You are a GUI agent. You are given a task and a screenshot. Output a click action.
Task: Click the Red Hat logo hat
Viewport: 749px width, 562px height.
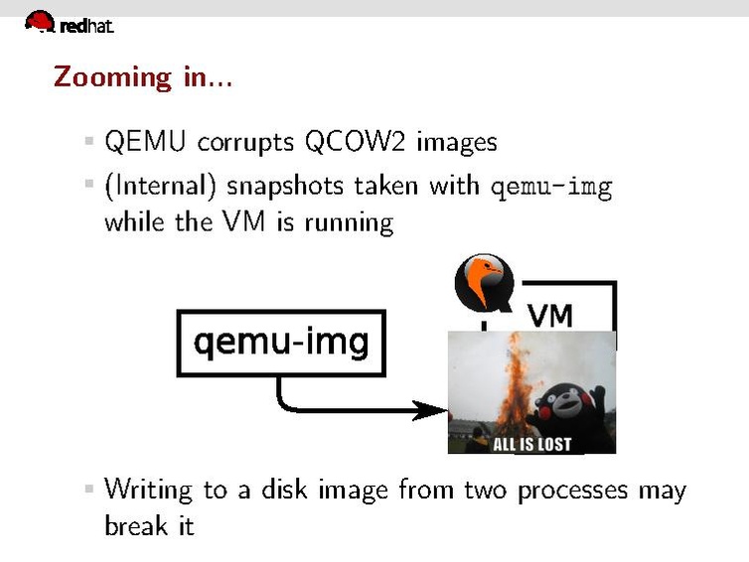click(x=40, y=21)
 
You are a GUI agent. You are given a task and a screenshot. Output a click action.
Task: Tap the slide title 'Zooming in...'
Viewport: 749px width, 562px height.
click(x=143, y=76)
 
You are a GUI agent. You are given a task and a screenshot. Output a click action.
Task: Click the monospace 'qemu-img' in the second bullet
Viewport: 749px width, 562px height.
click(x=551, y=187)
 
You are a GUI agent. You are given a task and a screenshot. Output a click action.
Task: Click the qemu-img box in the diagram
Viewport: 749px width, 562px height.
click(x=280, y=344)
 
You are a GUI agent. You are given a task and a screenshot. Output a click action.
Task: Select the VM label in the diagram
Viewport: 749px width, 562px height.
click(x=549, y=315)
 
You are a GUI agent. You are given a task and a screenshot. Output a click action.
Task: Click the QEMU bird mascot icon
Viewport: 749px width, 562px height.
click(x=483, y=282)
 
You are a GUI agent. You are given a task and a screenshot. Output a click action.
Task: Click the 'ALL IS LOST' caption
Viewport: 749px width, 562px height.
click(x=532, y=443)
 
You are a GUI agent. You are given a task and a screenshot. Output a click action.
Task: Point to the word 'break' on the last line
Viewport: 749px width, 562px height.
click(x=135, y=525)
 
